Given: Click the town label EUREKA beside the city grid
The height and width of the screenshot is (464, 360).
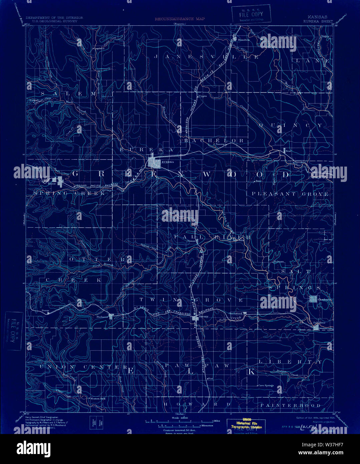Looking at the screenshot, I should click(x=166, y=162).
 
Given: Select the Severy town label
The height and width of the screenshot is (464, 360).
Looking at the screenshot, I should click(x=204, y=316).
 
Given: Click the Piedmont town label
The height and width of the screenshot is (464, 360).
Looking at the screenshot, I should click(x=102, y=317).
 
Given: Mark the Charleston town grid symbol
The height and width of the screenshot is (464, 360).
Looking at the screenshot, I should click(x=313, y=299).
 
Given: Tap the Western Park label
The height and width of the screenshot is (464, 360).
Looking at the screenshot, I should click(x=98, y=399).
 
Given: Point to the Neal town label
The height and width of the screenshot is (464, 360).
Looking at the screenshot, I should click(x=289, y=151).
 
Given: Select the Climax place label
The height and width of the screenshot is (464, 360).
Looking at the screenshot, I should click(x=191, y=240).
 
